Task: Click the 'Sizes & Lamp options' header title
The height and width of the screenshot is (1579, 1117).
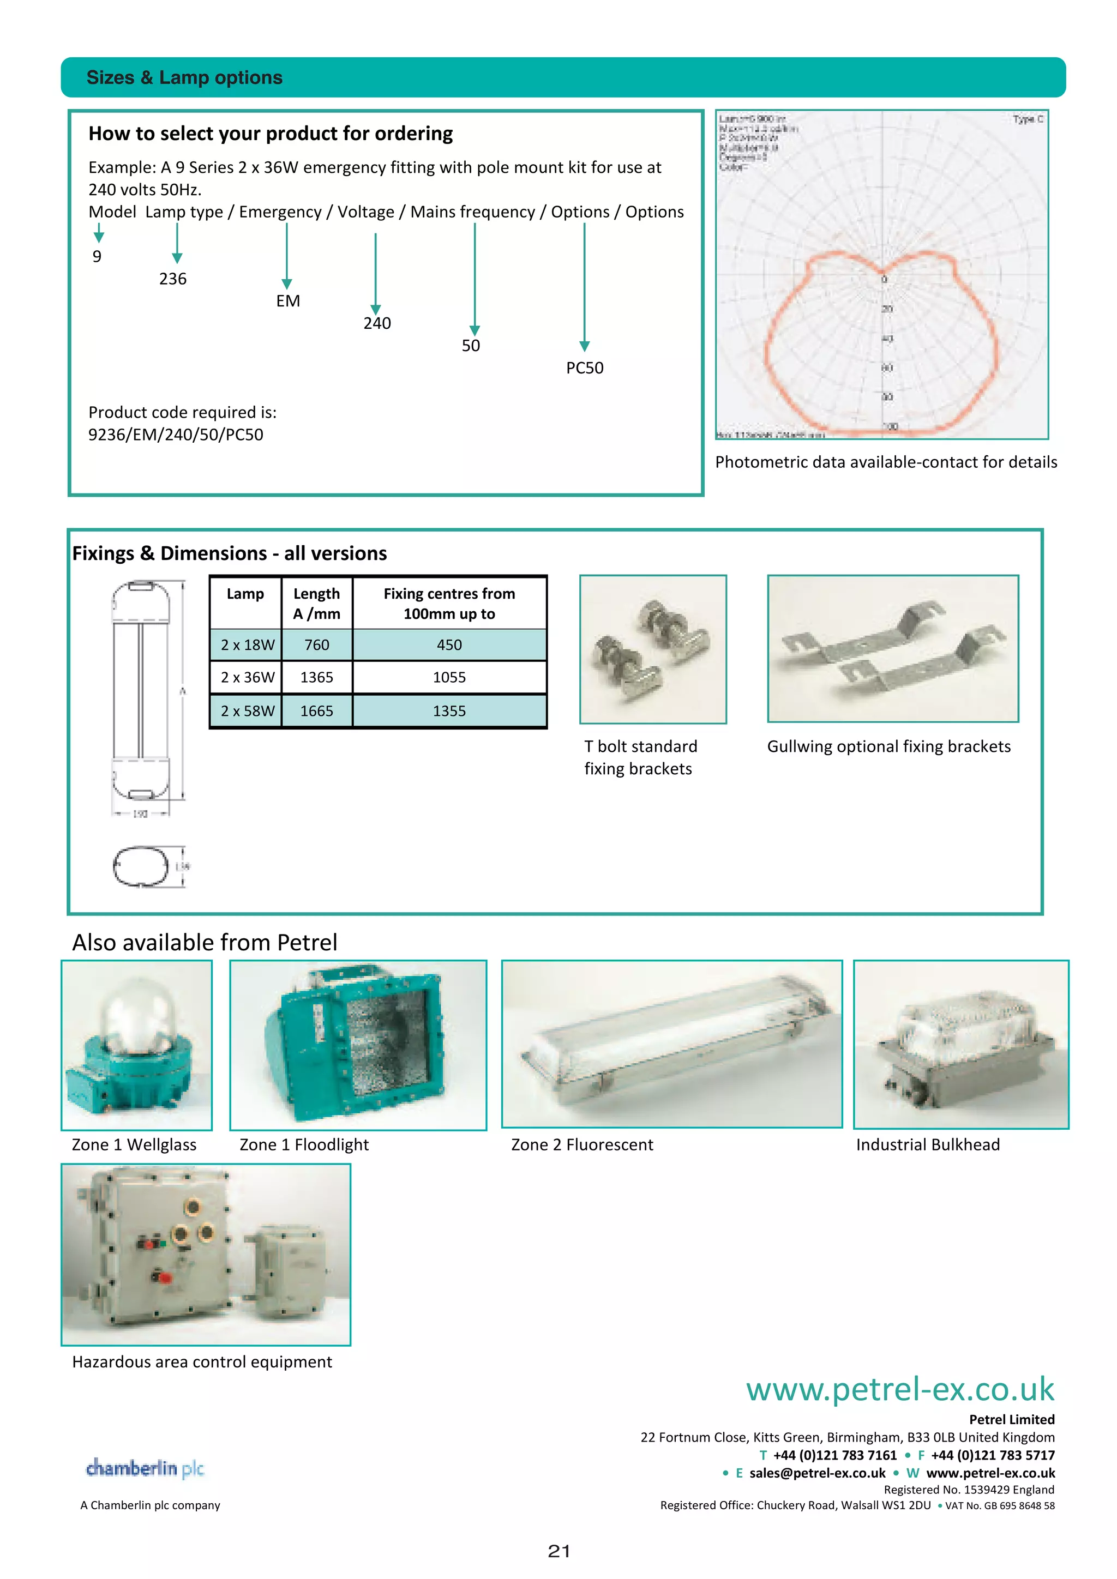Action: pos(184,78)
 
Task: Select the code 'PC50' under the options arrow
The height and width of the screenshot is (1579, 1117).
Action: pos(585,368)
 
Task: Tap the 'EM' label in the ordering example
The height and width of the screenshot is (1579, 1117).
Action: pos(288,301)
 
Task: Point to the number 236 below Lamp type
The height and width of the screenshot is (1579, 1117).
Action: pos(173,279)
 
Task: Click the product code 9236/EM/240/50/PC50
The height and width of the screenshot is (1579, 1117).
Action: pos(176,435)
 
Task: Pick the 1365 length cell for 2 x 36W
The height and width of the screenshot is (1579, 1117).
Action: pos(316,677)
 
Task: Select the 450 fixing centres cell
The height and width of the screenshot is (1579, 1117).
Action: pos(449,645)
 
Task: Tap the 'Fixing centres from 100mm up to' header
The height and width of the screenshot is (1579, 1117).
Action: pos(449,603)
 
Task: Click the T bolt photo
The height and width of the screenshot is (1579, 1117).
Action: pos(653,649)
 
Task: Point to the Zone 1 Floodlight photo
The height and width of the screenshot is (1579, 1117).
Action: pos(358,1045)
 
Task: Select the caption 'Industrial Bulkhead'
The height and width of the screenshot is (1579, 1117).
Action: pos(927,1144)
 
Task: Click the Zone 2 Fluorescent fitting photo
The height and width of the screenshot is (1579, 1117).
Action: pos(671,1044)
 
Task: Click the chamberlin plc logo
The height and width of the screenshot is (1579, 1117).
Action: pos(145,1468)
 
